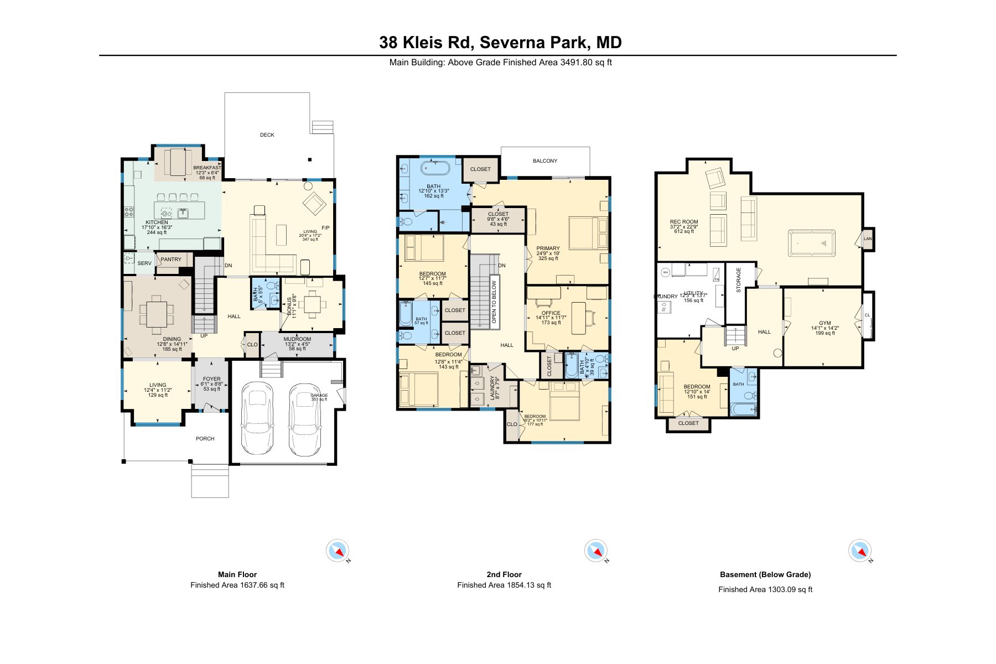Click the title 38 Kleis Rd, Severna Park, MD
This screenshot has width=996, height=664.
point(500,42)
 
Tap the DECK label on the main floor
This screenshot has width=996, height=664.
point(267,135)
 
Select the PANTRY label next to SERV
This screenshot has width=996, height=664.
point(171,260)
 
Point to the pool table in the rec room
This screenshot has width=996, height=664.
point(811,243)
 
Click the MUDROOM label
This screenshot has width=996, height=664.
point(297,339)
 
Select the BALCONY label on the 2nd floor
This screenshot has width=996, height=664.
point(545,161)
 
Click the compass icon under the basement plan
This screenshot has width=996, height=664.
point(860,551)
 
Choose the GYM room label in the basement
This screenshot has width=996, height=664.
point(824,323)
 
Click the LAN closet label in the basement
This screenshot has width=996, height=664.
point(868,239)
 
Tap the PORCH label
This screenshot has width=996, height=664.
point(205,439)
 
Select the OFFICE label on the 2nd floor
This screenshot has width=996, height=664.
point(551,313)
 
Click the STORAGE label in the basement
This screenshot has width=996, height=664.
point(739,281)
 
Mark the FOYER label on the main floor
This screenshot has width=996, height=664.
point(211,379)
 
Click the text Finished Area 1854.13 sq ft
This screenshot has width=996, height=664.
point(504,585)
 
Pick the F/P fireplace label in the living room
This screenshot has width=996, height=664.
point(325,228)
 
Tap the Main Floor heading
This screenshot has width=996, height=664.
point(237,574)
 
